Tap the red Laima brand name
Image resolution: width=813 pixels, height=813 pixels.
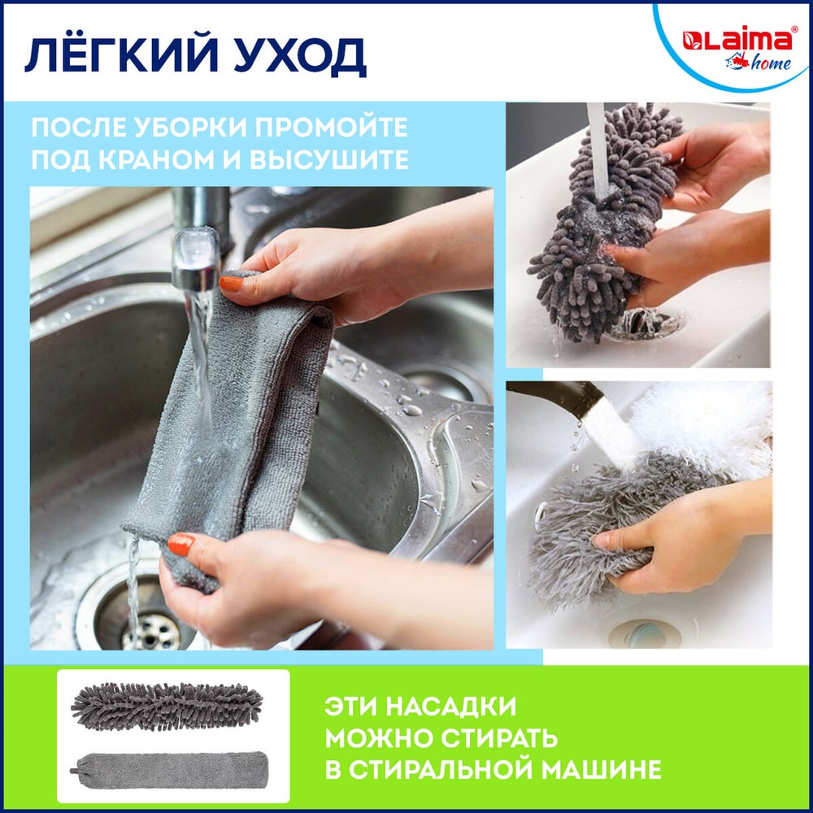(x=737, y=39)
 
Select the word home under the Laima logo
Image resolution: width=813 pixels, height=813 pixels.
(x=771, y=63)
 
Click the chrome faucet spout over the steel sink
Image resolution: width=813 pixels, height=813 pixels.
(x=197, y=238)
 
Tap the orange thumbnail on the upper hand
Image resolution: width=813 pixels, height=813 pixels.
(x=231, y=283)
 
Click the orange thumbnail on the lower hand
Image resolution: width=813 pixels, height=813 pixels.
(x=181, y=545)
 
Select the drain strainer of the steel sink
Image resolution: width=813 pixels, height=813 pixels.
(x=150, y=630)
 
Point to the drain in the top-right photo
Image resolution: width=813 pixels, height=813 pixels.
(x=646, y=323)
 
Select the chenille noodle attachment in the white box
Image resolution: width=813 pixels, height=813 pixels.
(x=167, y=706)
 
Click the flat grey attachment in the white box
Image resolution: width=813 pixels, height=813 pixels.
(x=170, y=770)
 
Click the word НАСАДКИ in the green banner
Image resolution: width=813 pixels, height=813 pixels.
(x=451, y=706)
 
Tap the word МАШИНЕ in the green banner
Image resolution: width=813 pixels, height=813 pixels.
(x=603, y=769)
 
